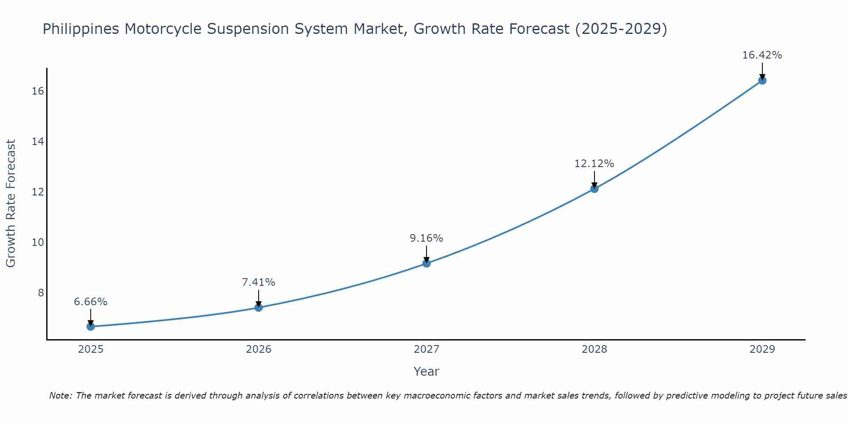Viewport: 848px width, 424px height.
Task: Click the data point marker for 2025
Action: pyautogui.click(x=91, y=326)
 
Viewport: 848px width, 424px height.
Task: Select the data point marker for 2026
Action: pyautogui.click(x=259, y=307)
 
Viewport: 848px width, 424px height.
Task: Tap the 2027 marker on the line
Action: pyautogui.click(x=427, y=263)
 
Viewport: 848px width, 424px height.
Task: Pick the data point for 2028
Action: pyautogui.click(x=594, y=189)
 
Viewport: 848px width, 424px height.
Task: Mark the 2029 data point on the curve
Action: pyautogui.click(x=762, y=80)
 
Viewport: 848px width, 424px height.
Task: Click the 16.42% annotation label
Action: pyautogui.click(x=762, y=55)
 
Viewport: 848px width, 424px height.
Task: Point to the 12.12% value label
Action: pyautogui.click(x=594, y=164)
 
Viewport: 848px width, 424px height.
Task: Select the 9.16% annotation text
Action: pyautogui.click(x=426, y=238)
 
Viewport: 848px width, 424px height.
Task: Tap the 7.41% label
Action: pyautogui.click(x=258, y=282)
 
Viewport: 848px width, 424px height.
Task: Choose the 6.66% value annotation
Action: pyautogui.click(x=90, y=302)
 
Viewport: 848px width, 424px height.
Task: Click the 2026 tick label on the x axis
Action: pyautogui.click(x=259, y=349)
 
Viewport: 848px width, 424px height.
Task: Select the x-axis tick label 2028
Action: pyautogui.click(x=594, y=349)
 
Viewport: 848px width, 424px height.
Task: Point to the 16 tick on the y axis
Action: pyautogui.click(x=38, y=91)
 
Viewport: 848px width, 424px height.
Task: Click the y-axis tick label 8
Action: pyautogui.click(x=41, y=293)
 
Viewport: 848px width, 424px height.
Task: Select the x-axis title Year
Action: pyautogui.click(x=426, y=371)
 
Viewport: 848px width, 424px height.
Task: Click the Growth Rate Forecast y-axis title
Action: pyautogui.click(x=11, y=204)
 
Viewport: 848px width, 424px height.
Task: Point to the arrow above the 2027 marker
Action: pyautogui.click(x=427, y=254)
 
